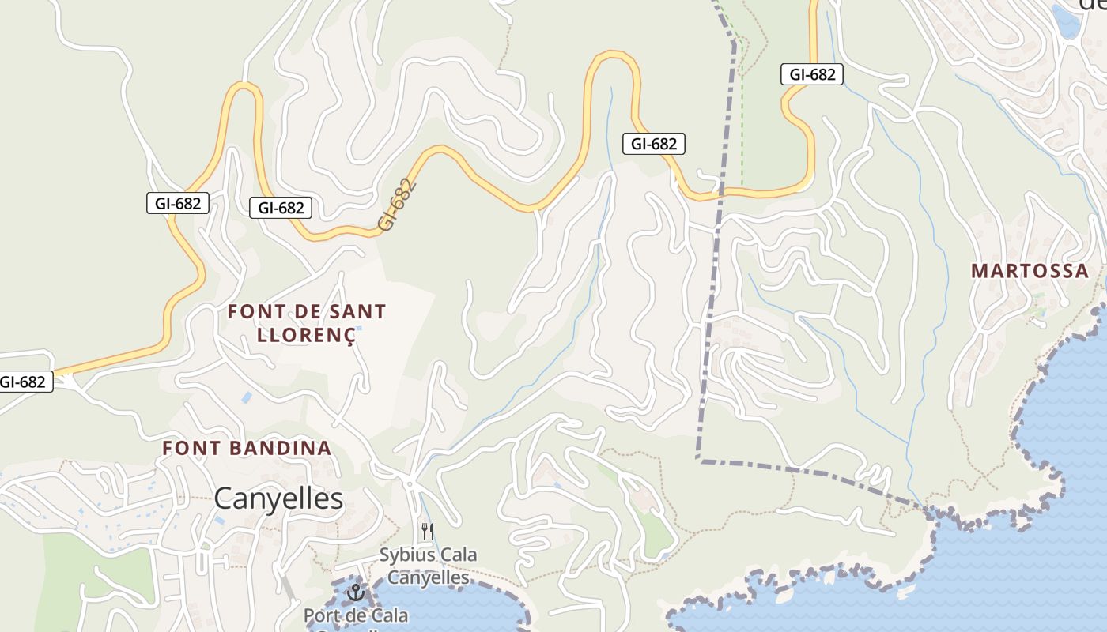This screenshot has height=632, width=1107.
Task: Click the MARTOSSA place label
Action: point(1030,271)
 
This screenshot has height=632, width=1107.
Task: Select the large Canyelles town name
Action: point(279,498)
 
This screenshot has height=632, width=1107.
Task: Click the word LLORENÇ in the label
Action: point(306,334)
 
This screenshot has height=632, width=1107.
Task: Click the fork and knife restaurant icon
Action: point(428,531)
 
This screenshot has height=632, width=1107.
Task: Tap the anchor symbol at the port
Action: point(356,591)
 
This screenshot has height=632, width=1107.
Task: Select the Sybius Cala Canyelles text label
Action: point(428,566)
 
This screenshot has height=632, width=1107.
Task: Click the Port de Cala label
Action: point(356,615)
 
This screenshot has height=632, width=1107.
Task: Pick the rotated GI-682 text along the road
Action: point(396,205)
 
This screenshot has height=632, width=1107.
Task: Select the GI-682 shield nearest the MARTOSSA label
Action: point(812,75)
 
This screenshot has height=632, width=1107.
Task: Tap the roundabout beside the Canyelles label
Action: point(410,483)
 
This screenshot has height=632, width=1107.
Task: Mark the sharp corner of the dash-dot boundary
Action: point(698,459)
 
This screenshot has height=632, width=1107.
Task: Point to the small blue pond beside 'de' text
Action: point(1067,22)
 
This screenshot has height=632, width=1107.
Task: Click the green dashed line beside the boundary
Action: point(742,118)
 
